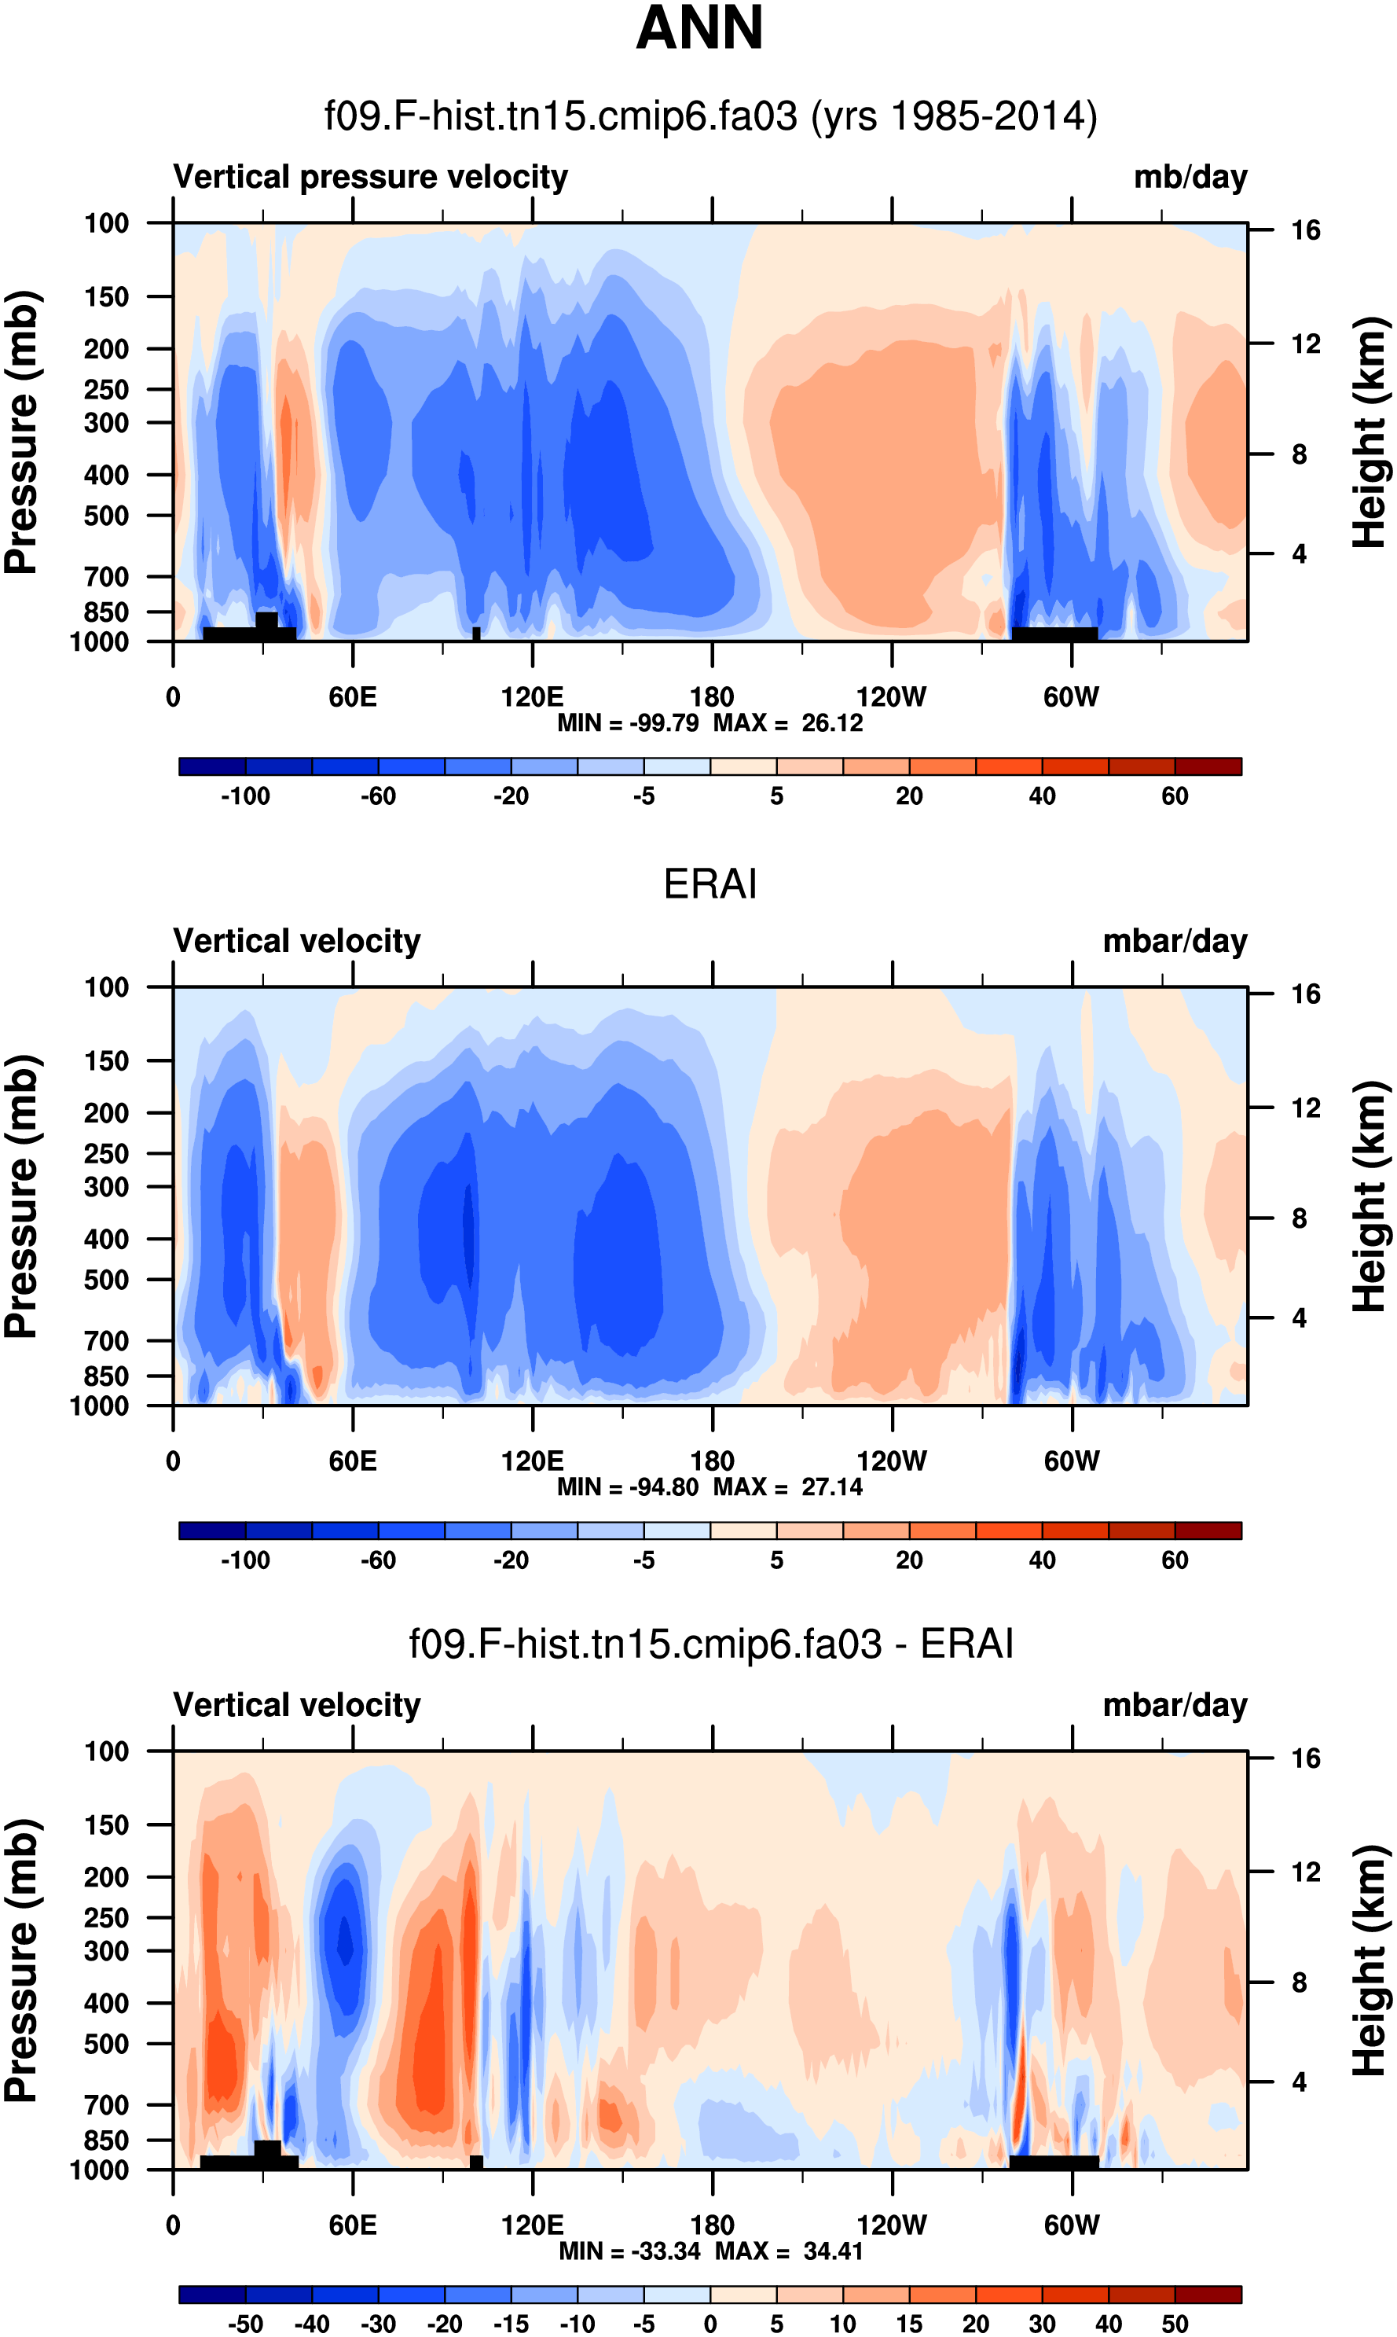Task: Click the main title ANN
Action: [699, 28]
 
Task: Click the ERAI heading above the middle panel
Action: [709, 884]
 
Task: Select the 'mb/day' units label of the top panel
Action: [1190, 177]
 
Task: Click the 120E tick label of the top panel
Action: [532, 698]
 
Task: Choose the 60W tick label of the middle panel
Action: [1071, 1462]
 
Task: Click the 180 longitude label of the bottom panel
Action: [712, 2226]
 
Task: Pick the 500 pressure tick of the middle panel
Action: [106, 1281]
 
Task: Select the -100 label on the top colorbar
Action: [245, 796]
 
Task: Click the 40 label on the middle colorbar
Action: [1041, 1561]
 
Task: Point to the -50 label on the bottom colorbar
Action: [245, 2324]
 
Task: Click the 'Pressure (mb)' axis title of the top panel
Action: [20, 433]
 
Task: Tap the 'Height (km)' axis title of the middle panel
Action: [1370, 1196]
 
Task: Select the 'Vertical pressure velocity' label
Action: [370, 177]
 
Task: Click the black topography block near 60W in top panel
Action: [1054, 634]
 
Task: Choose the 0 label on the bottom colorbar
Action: [709, 2324]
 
